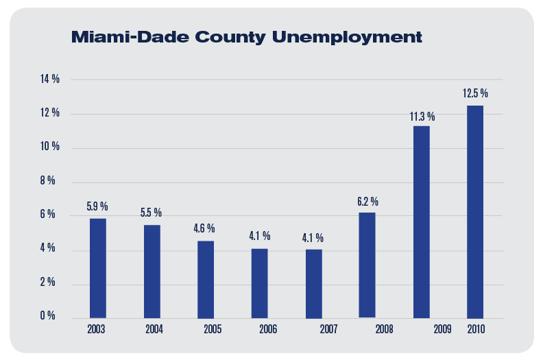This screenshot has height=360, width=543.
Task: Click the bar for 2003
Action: tap(98, 268)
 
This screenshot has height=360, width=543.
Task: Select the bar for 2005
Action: tap(206, 279)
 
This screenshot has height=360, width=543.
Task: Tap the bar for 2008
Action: tap(367, 265)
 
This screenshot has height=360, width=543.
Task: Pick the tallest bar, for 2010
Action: tap(475, 211)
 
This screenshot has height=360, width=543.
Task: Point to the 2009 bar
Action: tap(422, 221)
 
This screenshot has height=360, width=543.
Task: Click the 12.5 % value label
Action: tap(475, 93)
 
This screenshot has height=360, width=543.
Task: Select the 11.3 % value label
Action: tap(422, 117)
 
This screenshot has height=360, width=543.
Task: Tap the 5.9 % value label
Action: tap(97, 206)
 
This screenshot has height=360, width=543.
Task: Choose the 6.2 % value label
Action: tap(367, 202)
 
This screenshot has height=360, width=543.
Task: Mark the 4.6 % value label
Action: tap(204, 228)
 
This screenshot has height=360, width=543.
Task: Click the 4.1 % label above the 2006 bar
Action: tap(259, 236)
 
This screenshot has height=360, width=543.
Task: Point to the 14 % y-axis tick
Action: tap(50, 80)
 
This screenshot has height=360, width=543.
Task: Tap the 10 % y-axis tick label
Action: tap(50, 147)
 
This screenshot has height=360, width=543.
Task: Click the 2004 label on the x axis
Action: tap(154, 329)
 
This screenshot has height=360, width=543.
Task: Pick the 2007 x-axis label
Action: tap(328, 329)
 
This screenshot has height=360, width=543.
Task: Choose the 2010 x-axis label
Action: tap(476, 329)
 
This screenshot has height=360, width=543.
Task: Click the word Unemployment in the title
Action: tap(343, 37)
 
